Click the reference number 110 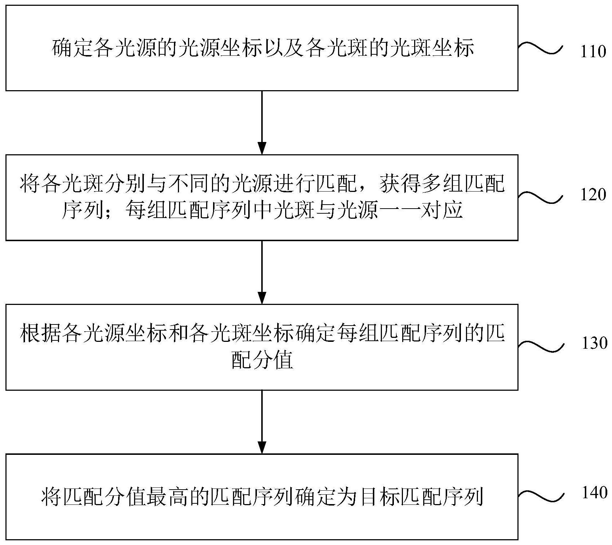(x=593, y=52)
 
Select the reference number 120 (x=593, y=195)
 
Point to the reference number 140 (x=594, y=492)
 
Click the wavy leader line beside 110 (x=541, y=49)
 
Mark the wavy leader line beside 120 (x=541, y=197)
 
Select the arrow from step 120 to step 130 (x=262, y=272)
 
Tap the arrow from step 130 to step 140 (x=262, y=422)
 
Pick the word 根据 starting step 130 (x=41, y=334)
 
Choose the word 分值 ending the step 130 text (x=272, y=360)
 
